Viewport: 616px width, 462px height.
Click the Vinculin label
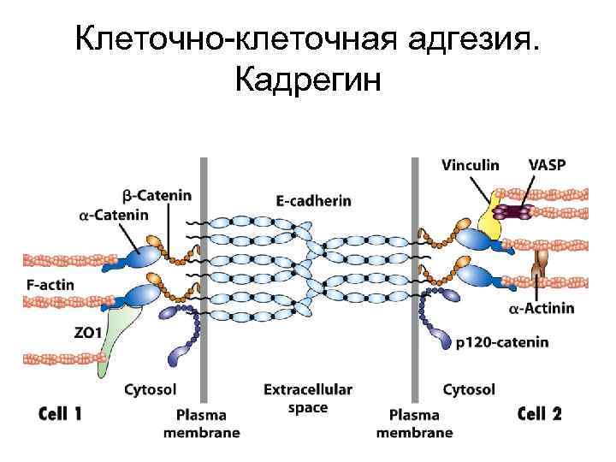point(471,165)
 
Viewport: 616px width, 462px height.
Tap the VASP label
point(548,165)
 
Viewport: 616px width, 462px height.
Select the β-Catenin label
point(157,195)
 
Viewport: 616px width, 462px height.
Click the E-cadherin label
point(313,200)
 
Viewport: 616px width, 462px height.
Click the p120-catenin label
point(503,343)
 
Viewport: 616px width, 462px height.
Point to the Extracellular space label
point(308,398)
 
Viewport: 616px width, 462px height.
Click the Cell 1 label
point(62,414)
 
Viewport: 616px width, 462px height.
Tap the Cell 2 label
point(541,414)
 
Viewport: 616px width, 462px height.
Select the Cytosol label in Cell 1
point(151,390)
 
